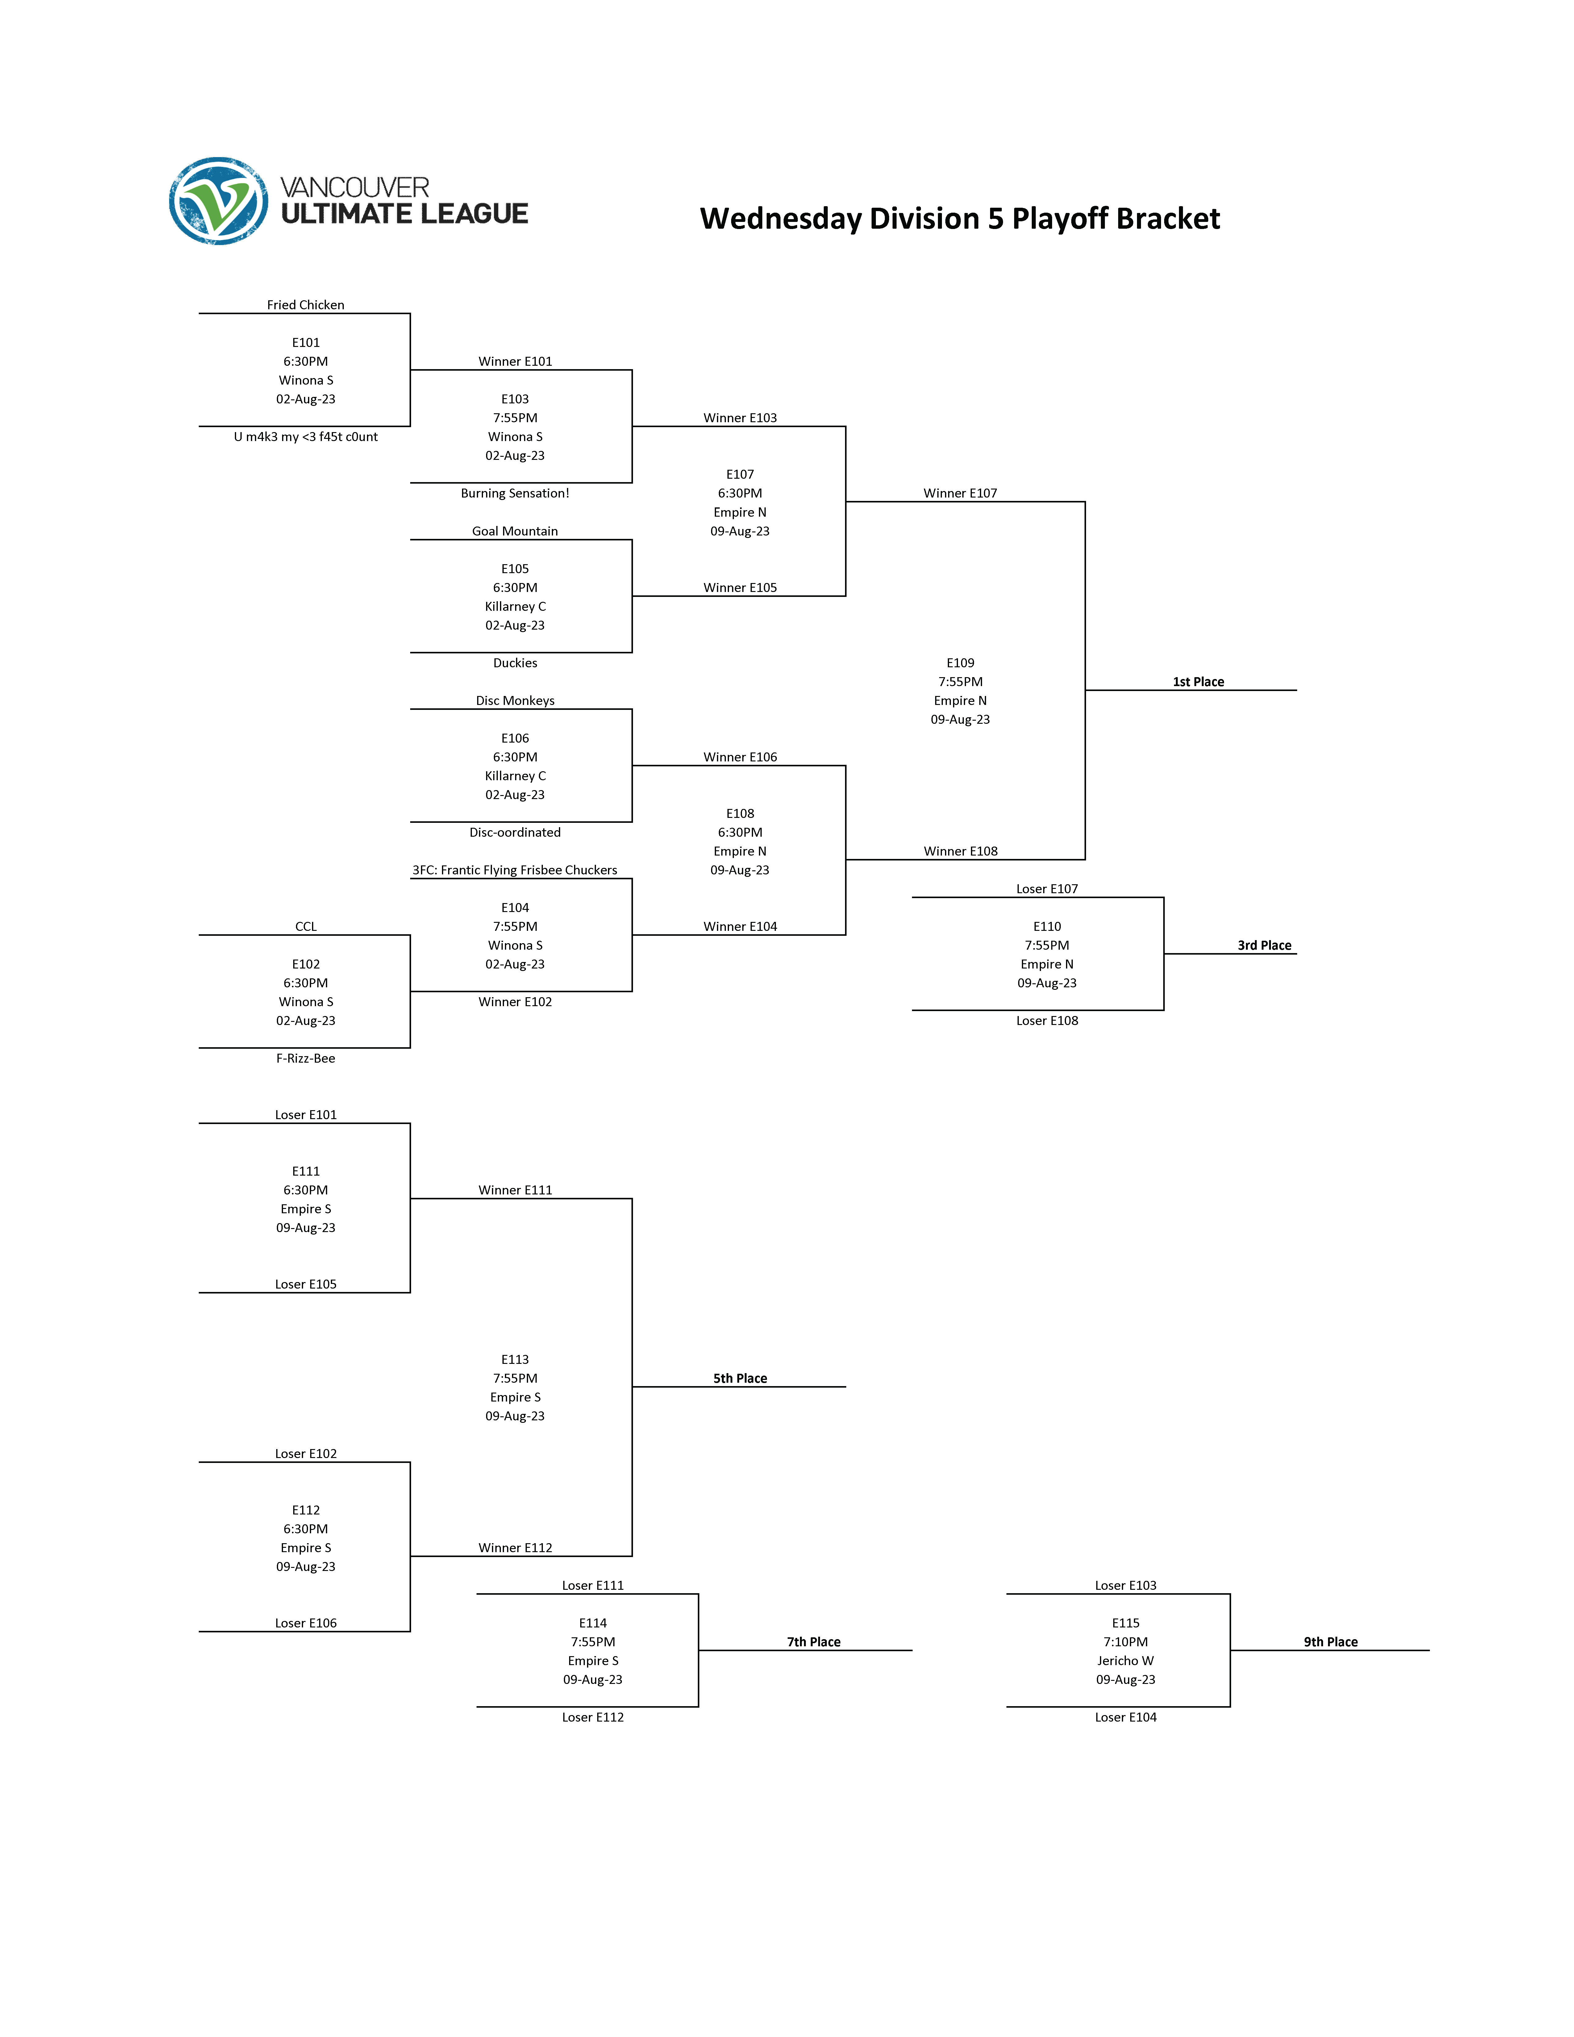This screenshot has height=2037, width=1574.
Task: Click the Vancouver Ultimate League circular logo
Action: [x=218, y=202]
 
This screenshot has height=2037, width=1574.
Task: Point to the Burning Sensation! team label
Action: [x=515, y=494]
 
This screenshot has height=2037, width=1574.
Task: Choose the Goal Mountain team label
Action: [x=515, y=531]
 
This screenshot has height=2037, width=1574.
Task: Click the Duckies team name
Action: [x=515, y=663]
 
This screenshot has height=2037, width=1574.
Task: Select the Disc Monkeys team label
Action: [x=515, y=701]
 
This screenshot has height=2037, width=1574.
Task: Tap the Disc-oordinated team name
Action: [x=515, y=832]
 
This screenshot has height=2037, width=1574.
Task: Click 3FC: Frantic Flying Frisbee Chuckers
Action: [x=515, y=870]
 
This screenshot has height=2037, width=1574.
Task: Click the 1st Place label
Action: [x=1198, y=682]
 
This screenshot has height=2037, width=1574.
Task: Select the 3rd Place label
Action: [x=1264, y=946]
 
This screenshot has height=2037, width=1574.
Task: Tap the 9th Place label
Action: [x=1330, y=1643]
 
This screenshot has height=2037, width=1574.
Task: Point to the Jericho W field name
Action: [x=1126, y=1661]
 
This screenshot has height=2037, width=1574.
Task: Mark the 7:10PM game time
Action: [x=1126, y=1643]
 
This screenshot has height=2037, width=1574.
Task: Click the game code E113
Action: [x=515, y=1360]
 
